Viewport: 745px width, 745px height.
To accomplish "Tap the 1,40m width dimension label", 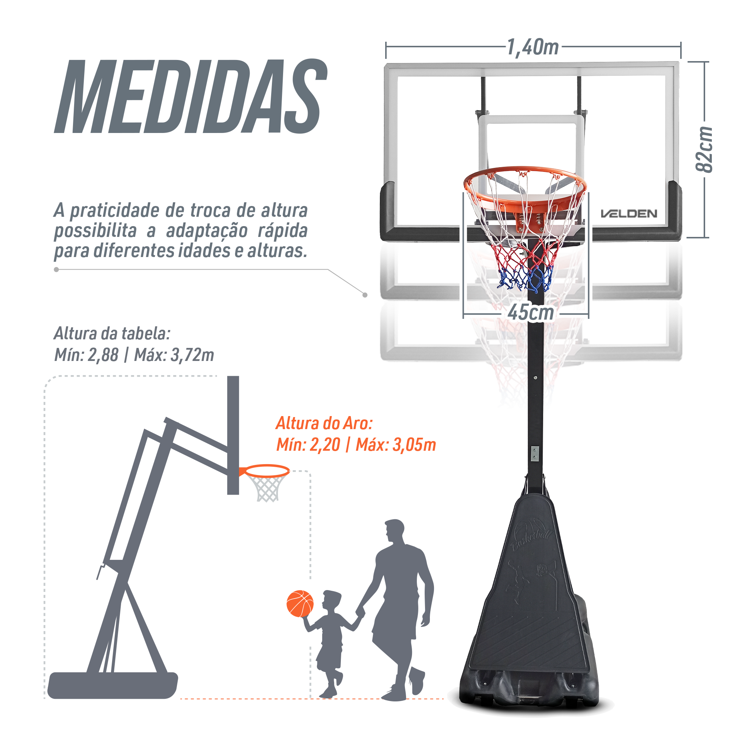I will [x=533, y=47].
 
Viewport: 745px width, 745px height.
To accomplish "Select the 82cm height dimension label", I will [x=703, y=149].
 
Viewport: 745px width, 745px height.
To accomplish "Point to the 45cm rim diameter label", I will [x=530, y=313].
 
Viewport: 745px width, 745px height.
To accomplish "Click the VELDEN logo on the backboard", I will [x=629, y=213].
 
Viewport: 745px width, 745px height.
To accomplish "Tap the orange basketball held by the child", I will [x=300, y=603].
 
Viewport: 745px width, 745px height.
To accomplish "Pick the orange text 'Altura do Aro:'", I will [x=324, y=424].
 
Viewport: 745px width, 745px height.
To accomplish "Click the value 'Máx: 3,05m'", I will [x=396, y=445].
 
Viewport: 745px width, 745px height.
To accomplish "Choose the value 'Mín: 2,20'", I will [x=308, y=445].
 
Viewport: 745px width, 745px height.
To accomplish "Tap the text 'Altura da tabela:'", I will [x=112, y=333].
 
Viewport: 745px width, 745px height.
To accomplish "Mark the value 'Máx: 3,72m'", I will [x=174, y=355].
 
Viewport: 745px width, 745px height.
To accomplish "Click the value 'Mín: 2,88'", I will [x=86, y=355].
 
